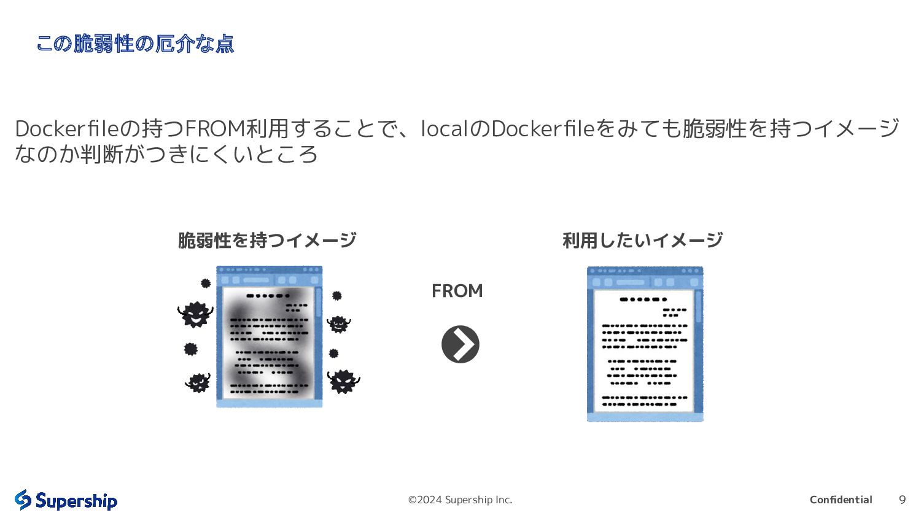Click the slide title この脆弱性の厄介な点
point(135,44)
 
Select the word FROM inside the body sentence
point(214,128)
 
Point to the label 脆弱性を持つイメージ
point(267,240)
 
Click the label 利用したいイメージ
point(642,240)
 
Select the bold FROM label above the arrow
point(457,291)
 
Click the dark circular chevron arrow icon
point(460,344)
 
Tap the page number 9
point(902,500)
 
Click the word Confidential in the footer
point(841,500)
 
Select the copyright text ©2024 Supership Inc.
point(460,500)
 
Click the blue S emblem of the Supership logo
point(23,500)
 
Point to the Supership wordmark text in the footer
point(76,501)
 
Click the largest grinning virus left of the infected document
point(195,314)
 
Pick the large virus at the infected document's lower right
point(343,381)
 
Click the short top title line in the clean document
point(643,300)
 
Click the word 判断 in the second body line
point(102,154)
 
